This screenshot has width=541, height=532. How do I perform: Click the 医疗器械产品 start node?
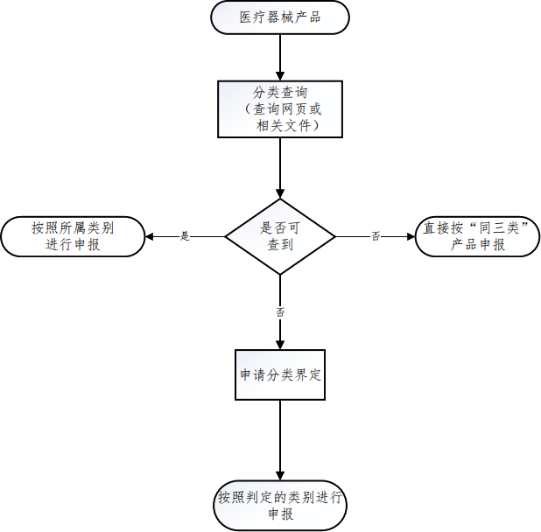[279, 17]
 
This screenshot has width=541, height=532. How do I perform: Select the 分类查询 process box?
[279, 108]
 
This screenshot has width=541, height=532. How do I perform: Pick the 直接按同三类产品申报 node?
[478, 236]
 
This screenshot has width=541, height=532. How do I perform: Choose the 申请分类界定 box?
[280, 374]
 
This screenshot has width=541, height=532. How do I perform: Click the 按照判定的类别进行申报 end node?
[280, 506]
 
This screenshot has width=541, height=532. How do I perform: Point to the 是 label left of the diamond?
[185, 236]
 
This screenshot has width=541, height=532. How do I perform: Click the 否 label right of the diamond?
[376, 236]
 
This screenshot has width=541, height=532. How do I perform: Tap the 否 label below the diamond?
[280, 311]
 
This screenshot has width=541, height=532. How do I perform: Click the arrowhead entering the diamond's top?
[280, 193]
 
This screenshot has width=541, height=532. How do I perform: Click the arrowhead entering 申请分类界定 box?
[280, 345]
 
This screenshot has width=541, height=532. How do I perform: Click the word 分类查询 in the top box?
[279, 92]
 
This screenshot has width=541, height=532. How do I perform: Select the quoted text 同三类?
[495, 227]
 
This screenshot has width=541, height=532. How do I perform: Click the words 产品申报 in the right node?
[478, 246]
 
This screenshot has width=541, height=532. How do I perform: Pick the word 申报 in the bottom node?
[280, 514]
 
